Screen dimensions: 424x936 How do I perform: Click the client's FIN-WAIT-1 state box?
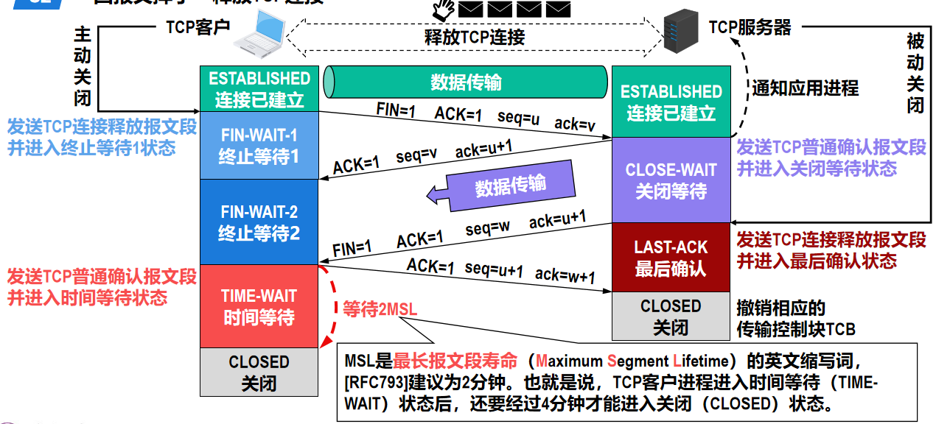tap(259, 146)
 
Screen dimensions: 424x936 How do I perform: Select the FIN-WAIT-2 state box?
tap(259, 222)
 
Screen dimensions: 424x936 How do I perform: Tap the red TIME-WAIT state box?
tap(259, 306)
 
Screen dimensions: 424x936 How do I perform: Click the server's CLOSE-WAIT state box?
tap(671, 180)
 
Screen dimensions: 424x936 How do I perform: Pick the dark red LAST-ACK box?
tap(671, 257)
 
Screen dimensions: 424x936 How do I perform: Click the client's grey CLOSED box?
tap(259, 372)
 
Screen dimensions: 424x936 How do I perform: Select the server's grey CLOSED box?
tap(671, 316)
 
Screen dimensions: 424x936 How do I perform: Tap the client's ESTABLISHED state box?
tap(259, 88)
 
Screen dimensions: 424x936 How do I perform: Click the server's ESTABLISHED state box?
tap(671, 102)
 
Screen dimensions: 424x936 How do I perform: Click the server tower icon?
tap(680, 31)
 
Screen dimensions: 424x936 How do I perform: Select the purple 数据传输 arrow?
tap(503, 187)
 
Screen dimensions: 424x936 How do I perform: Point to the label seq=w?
tap(487, 227)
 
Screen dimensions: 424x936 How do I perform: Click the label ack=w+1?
tap(565, 275)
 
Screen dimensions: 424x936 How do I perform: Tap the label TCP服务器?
tap(750, 28)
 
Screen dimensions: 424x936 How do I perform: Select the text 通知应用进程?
tap(805, 88)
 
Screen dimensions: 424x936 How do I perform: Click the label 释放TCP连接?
tap(475, 38)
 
